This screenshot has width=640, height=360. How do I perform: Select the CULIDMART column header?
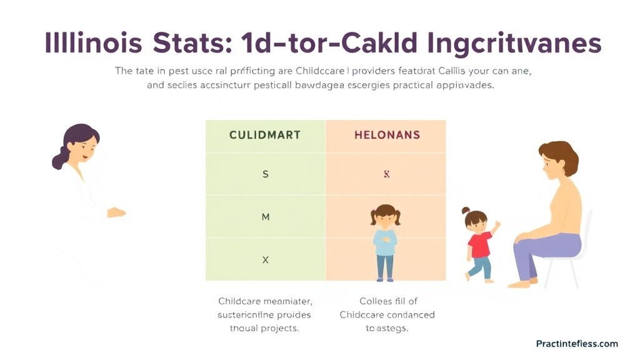coord(265,135)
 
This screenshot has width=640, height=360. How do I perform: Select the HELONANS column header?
coord(387,135)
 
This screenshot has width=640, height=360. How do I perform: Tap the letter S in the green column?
coord(265,174)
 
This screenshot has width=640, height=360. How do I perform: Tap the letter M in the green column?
coord(265,217)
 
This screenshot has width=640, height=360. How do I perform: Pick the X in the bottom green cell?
coord(265,259)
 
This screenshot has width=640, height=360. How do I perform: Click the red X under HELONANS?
coord(386,174)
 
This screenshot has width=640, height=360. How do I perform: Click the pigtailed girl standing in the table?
coord(385,241)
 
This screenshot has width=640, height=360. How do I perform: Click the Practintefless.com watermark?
coord(576,344)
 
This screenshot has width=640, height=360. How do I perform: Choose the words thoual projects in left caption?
coord(264,329)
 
